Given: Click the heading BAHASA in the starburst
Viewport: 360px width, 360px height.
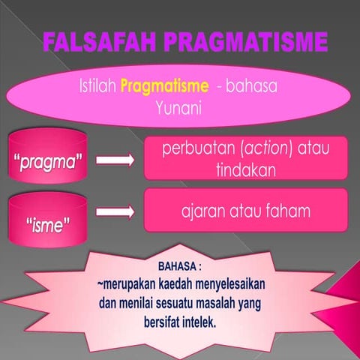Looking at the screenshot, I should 178,266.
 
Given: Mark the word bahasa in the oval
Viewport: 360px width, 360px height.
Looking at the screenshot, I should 251,87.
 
